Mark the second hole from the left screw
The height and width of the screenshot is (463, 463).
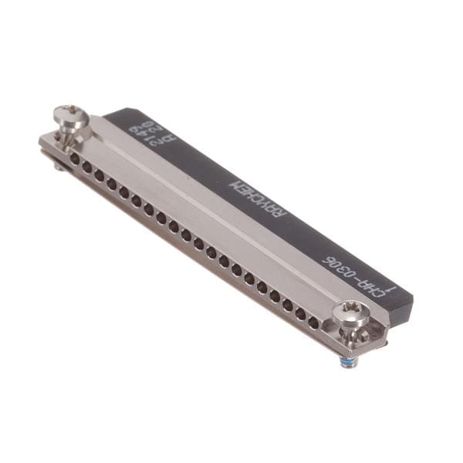coord(87,167)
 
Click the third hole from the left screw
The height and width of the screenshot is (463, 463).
coord(100,176)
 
